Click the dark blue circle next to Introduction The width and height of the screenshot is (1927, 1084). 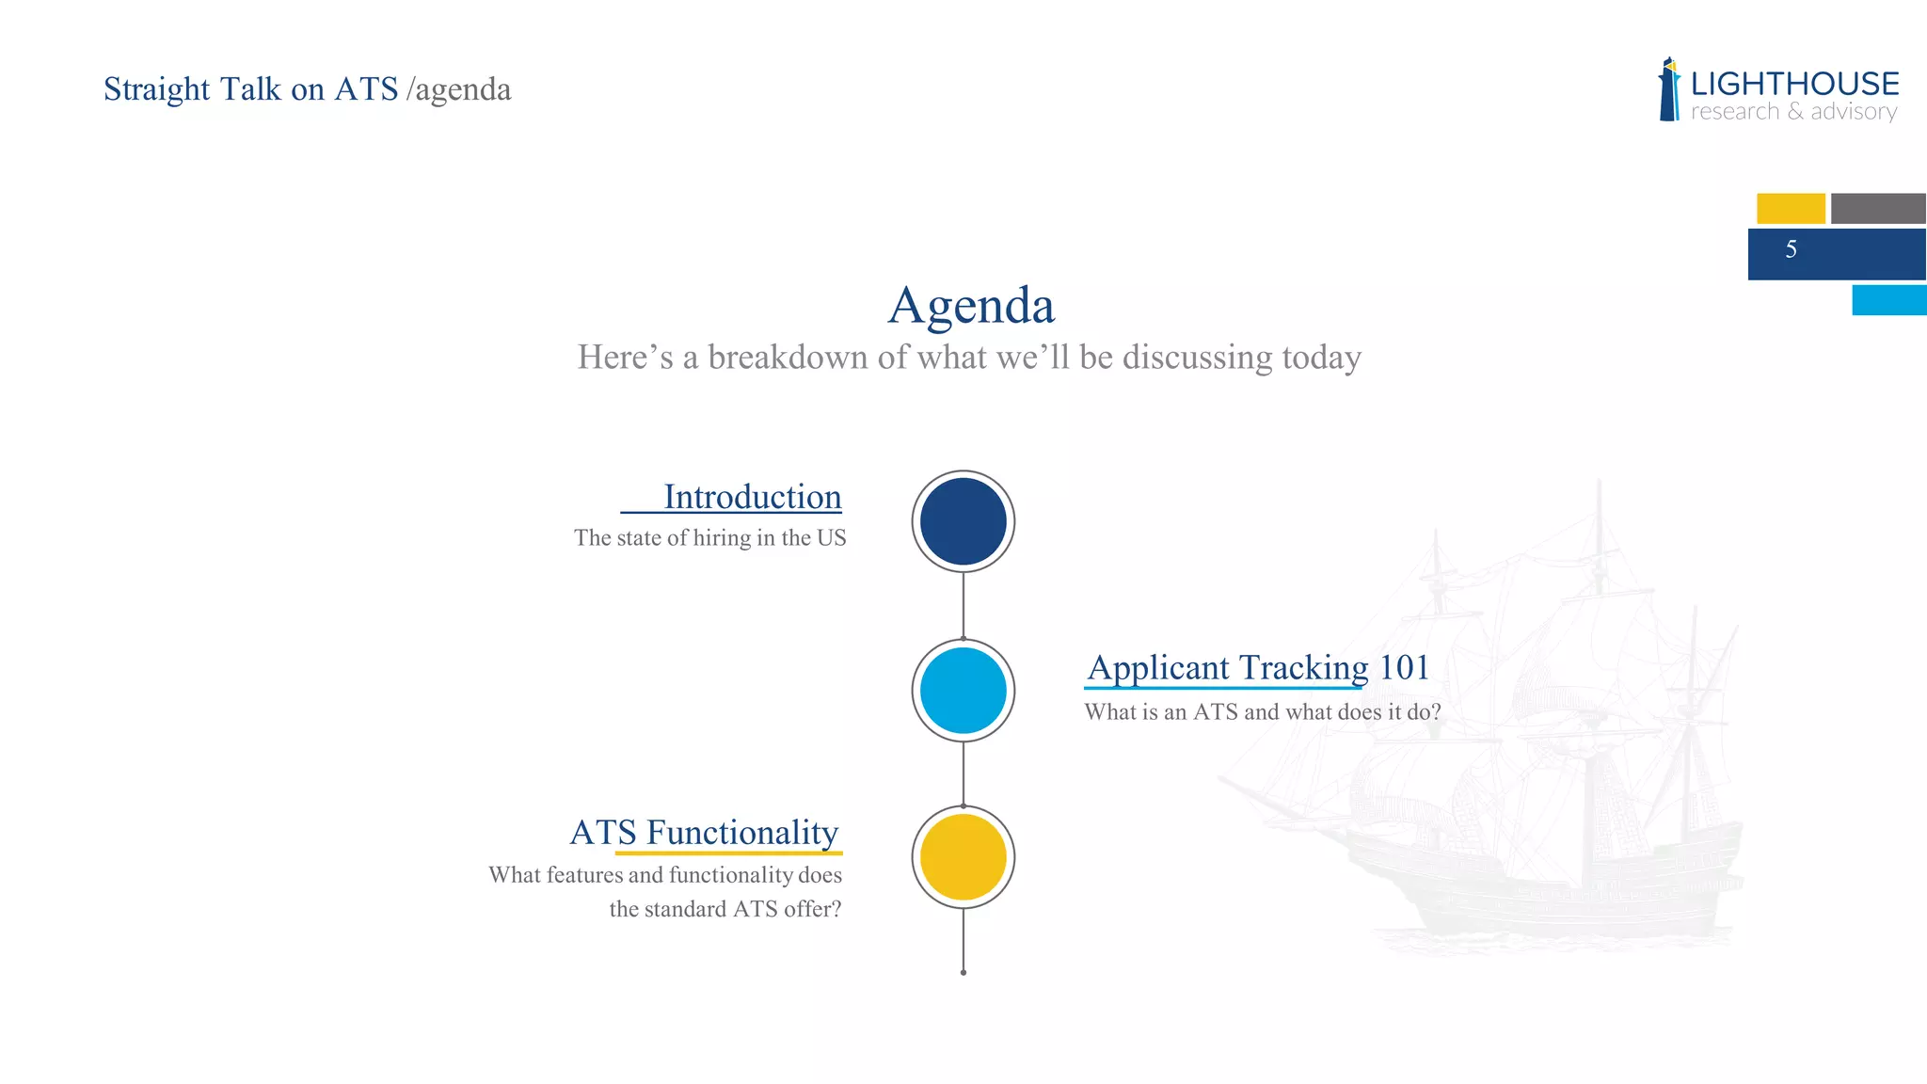(x=963, y=521)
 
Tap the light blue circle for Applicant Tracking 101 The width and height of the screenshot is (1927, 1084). (x=963, y=690)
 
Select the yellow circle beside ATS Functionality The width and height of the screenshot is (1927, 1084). (x=963, y=857)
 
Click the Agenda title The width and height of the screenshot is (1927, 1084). (x=971, y=306)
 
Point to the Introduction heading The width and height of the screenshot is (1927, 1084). (x=752, y=497)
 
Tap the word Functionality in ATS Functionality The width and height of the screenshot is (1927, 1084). (x=741, y=833)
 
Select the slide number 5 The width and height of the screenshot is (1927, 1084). (x=1791, y=249)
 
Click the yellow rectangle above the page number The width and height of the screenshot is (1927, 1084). (x=1790, y=208)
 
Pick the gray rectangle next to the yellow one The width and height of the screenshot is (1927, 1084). (x=1877, y=208)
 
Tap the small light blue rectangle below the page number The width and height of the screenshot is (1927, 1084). (x=1888, y=300)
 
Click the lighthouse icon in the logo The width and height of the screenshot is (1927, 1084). (x=1669, y=90)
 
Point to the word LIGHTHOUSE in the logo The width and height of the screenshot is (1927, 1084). (x=1794, y=84)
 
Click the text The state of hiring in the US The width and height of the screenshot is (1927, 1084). (x=709, y=537)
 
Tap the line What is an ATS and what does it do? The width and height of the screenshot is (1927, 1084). (x=1262, y=711)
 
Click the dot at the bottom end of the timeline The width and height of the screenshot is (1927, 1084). (x=963, y=972)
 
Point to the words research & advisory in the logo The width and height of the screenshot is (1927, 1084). (x=1793, y=112)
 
